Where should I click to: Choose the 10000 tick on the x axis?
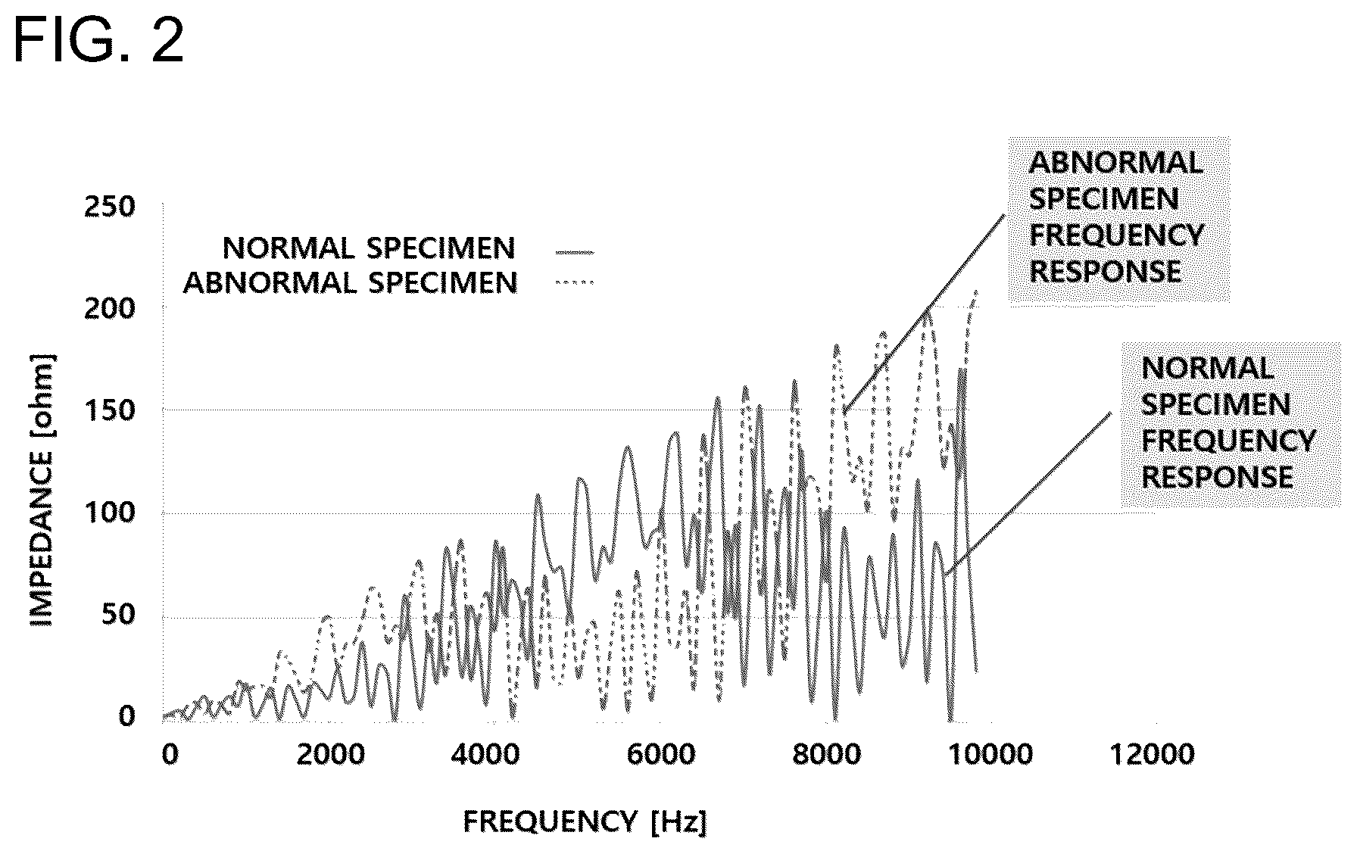click(x=993, y=754)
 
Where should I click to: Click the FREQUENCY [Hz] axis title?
click(x=585, y=821)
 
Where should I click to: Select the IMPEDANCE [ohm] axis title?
click(x=42, y=491)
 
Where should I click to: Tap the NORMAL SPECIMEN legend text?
click(x=369, y=248)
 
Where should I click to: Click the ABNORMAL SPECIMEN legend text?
click(x=350, y=283)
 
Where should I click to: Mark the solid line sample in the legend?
click(x=575, y=251)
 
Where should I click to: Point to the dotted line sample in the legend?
click(x=575, y=283)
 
